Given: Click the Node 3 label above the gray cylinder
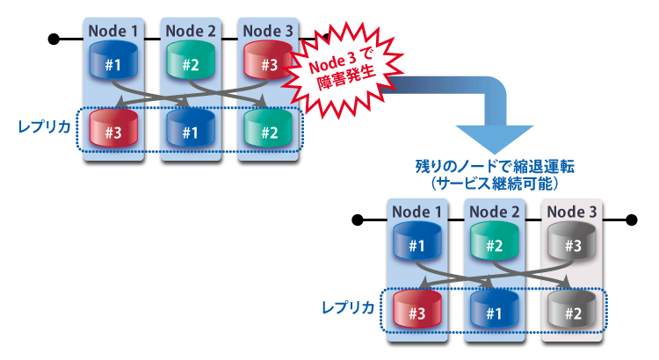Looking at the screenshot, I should click(572, 212).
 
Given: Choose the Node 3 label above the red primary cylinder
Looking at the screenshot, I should click(268, 32).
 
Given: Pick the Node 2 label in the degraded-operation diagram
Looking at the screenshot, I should click(495, 212).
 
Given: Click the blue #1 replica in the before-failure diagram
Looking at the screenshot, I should click(189, 133).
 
